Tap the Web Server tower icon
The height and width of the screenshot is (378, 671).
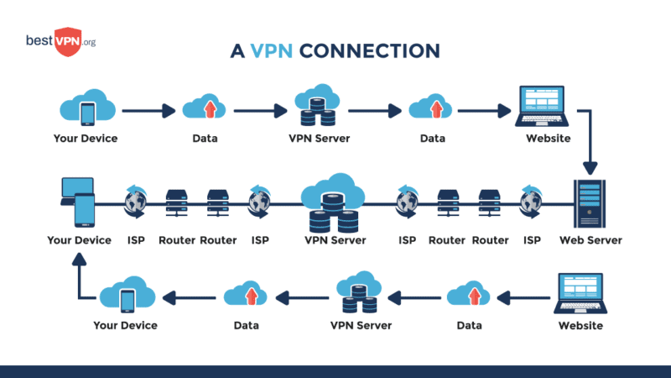[590, 203]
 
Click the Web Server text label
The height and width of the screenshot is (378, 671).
[590, 240]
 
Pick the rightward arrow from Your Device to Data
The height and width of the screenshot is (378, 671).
[146, 109]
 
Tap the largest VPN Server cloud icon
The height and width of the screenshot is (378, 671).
[333, 202]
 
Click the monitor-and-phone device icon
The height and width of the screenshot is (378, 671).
[78, 202]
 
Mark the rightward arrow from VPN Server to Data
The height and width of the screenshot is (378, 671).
[374, 109]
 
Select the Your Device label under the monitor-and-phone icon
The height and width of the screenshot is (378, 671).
[79, 240]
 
